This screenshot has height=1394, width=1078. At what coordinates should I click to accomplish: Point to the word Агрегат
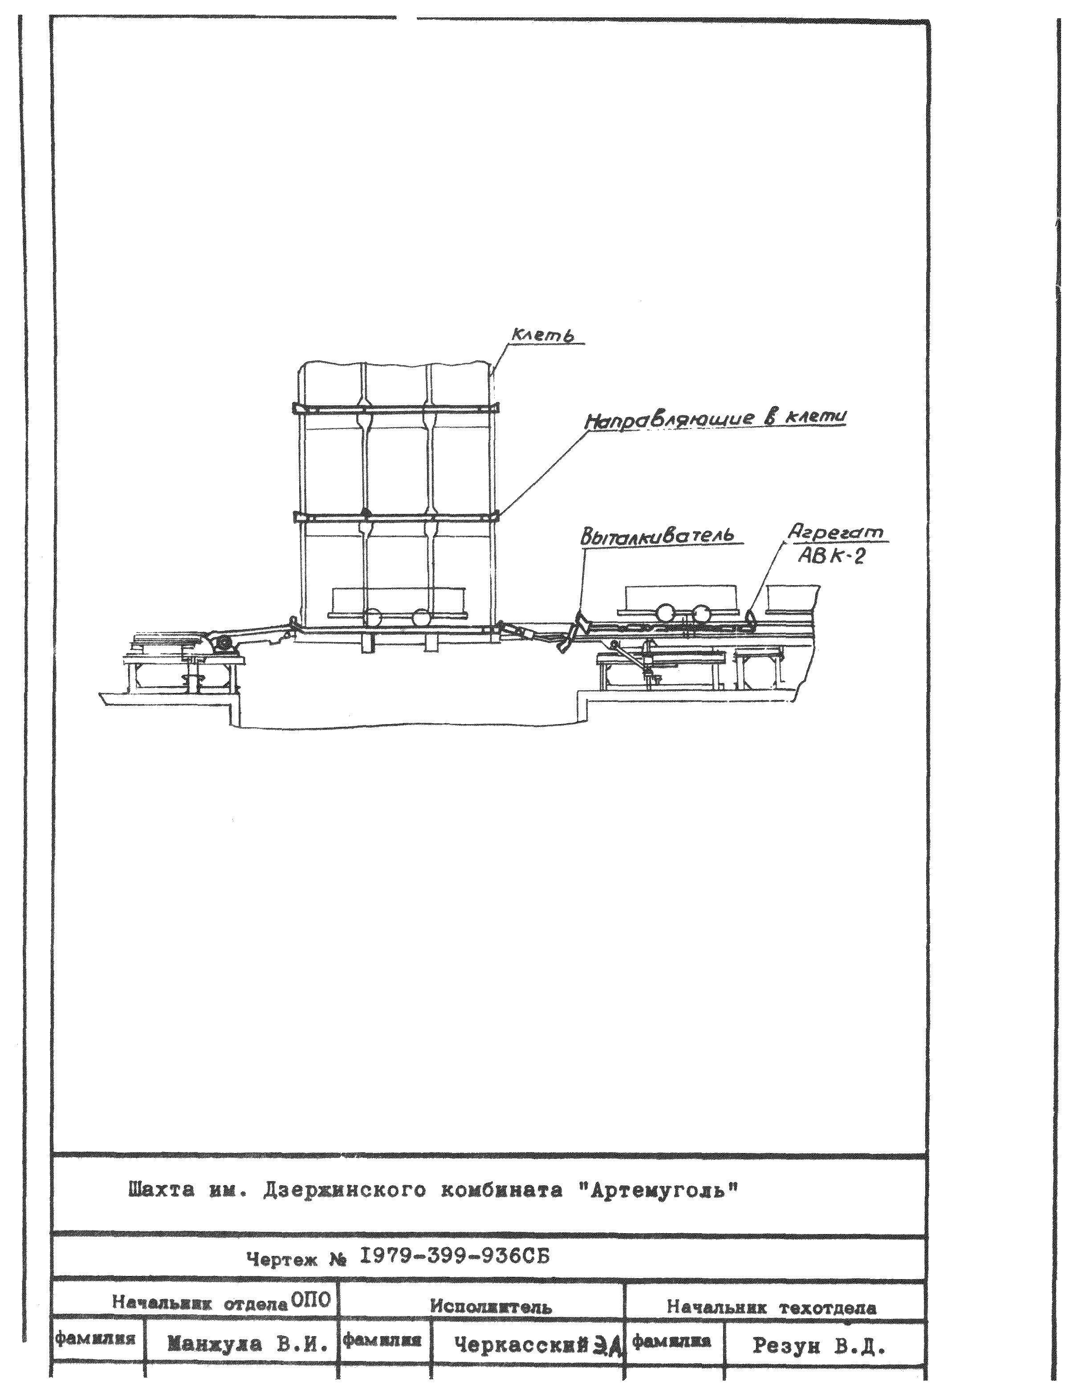[x=836, y=532]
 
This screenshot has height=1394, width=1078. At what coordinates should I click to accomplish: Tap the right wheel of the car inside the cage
[x=421, y=617]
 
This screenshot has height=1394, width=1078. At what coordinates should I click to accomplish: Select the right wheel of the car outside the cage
[x=702, y=613]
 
